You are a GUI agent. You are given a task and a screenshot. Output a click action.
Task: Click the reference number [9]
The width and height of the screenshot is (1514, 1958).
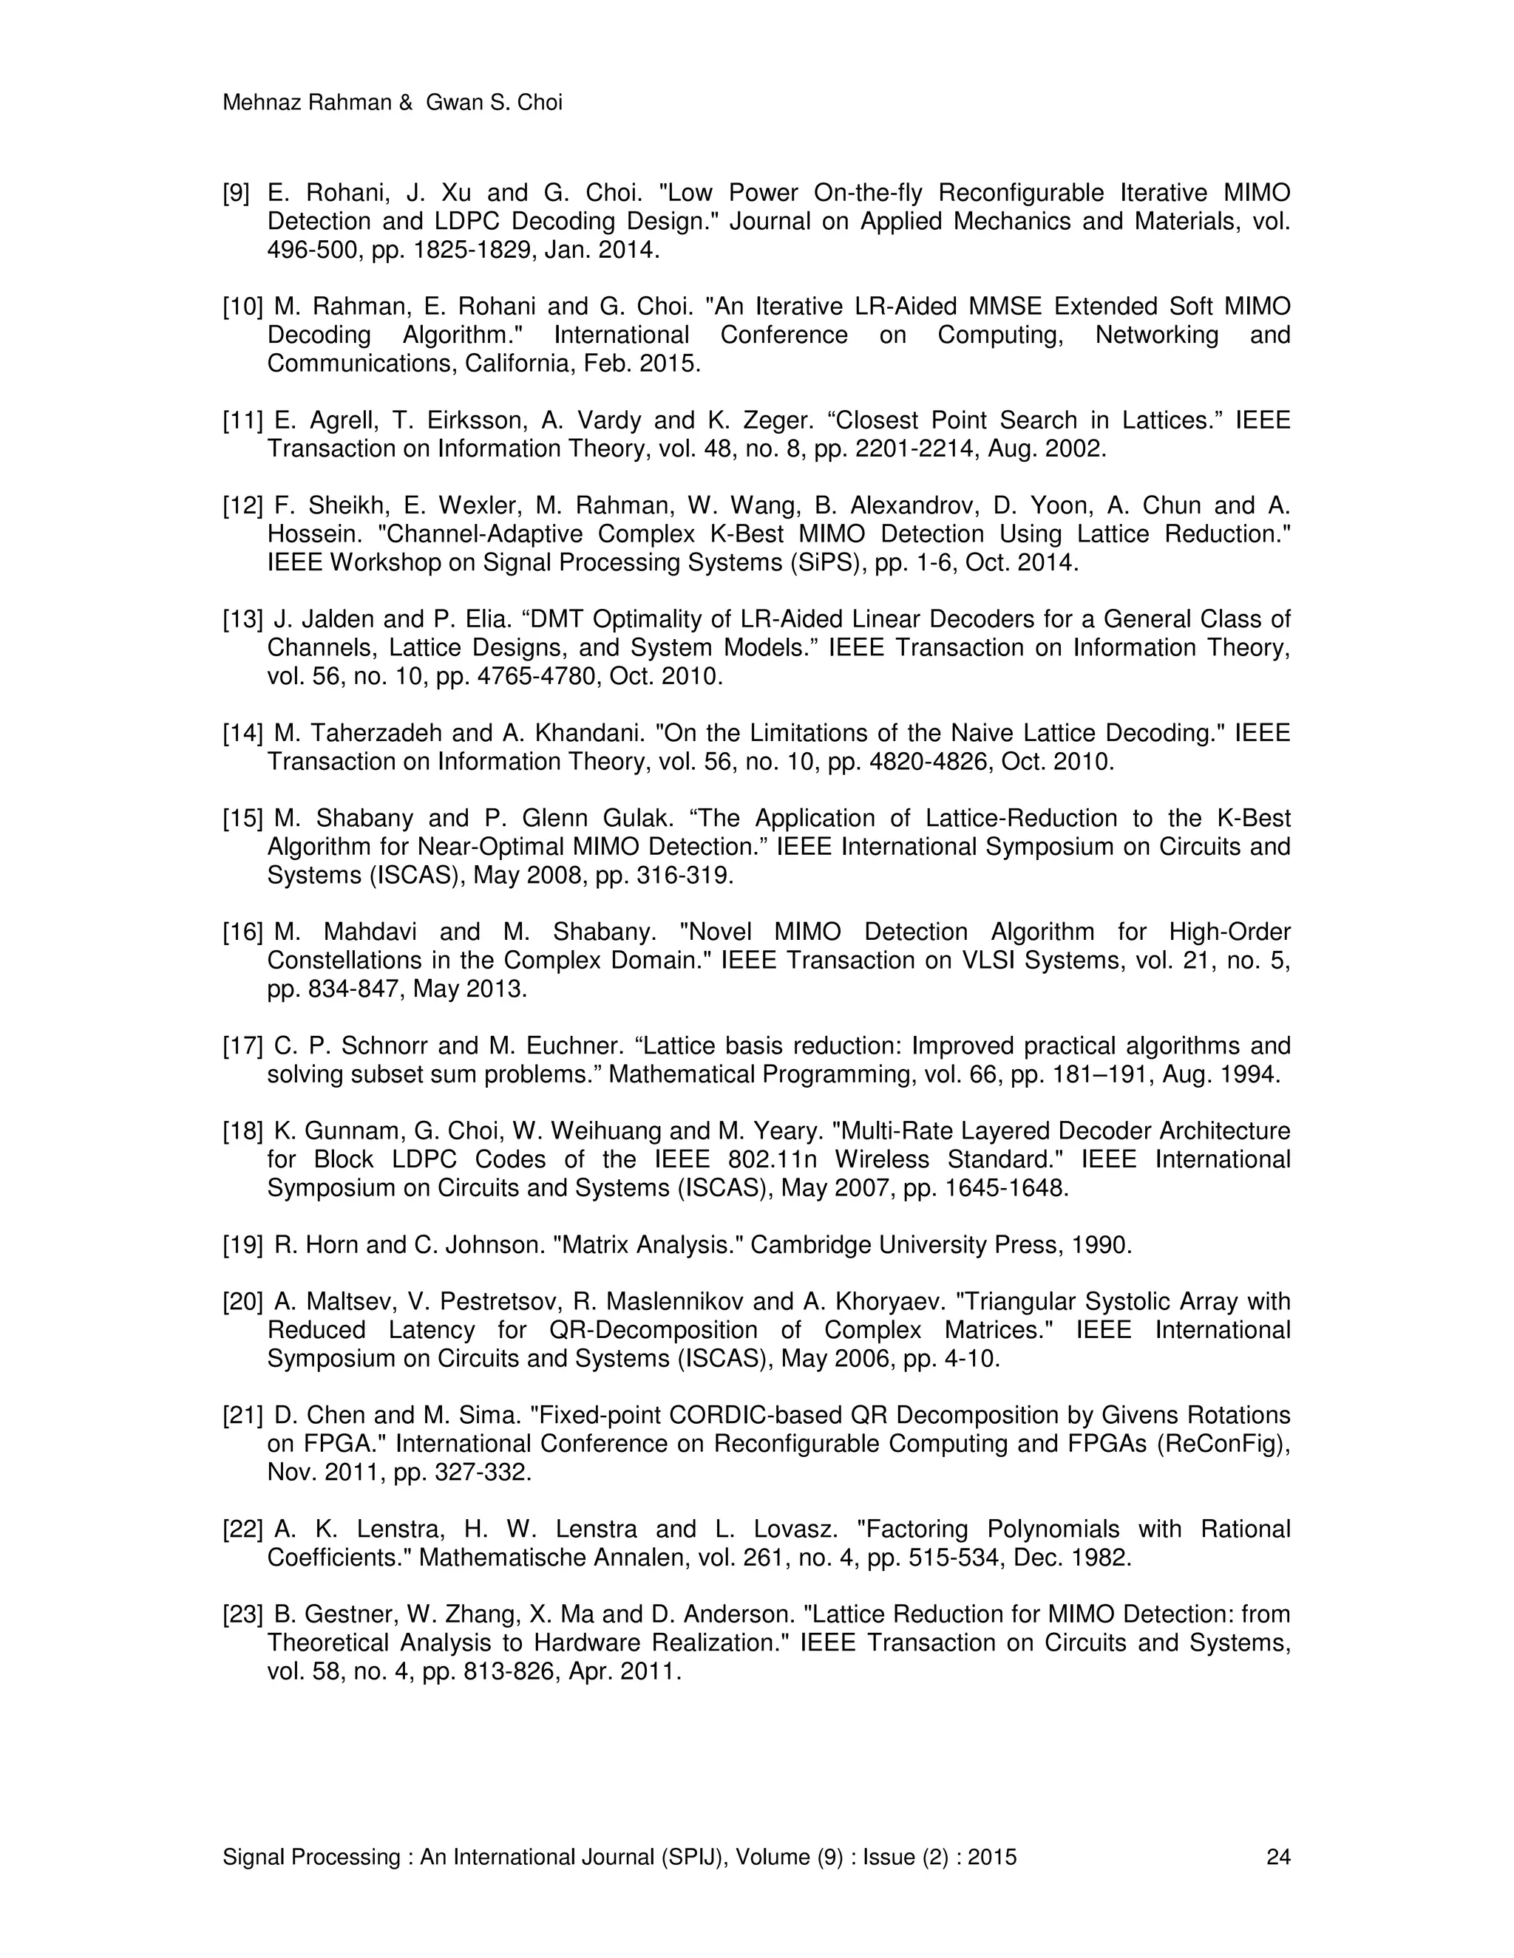(x=236, y=193)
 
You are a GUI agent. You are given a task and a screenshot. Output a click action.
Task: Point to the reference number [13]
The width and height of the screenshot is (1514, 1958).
(x=242, y=619)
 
